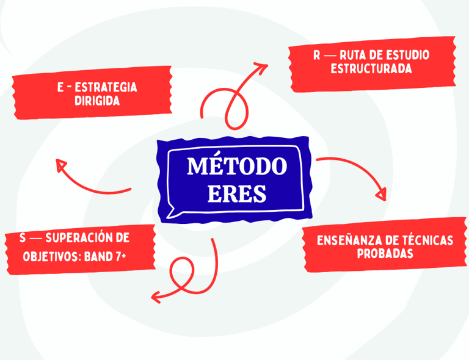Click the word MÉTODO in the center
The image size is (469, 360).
coord(236,167)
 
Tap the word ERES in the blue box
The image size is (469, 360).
coord(236,193)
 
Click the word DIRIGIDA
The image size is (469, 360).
coord(97,101)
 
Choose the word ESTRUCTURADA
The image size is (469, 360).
coord(371,68)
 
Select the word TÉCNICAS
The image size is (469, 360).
coord(427,240)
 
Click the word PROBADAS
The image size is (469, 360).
coord(385,254)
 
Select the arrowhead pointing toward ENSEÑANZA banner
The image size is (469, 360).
coord(381,195)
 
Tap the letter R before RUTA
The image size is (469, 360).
coord(317,55)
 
